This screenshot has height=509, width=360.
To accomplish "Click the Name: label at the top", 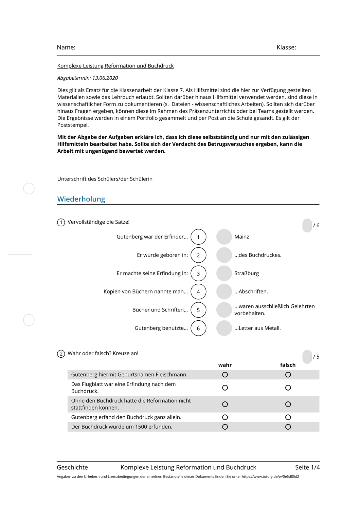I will [x=66, y=48].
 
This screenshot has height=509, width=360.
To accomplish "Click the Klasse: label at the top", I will [x=286, y=48].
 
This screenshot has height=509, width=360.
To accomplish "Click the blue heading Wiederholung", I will [x=81, y=199].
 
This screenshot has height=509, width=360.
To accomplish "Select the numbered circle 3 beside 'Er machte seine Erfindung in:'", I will [x=198, y=274].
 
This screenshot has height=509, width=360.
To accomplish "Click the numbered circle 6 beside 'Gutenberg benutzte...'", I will [x=198, y=328].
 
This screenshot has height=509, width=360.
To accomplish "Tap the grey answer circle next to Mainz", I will [x=224, y=237].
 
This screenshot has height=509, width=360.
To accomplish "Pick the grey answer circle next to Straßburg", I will [x=224, y=274].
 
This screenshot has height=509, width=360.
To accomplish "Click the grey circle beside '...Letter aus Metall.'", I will [x=224, y=328].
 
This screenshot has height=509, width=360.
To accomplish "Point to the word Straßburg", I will [x=247, y=274].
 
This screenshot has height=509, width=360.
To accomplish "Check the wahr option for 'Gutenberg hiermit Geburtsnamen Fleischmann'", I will [x=225, y=375].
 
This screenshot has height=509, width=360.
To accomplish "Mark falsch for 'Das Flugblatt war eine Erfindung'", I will [x=288, y=388].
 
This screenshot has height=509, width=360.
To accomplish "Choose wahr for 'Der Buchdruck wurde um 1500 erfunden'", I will [x=225, y=427].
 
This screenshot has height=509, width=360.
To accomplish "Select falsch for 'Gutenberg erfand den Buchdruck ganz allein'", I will [x=288, y=417].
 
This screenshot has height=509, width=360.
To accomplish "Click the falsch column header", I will [x=288, y=365].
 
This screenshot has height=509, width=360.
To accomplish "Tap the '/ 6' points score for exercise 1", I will [x=316, y=226].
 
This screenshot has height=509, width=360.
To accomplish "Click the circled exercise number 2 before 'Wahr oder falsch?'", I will [x=61, y=354].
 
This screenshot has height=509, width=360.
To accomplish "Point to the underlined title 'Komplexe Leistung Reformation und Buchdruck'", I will [x=115, y=66].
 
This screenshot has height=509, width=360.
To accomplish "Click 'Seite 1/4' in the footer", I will [x=307, y=468].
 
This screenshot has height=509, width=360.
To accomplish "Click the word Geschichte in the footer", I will [x=72, y=468].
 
